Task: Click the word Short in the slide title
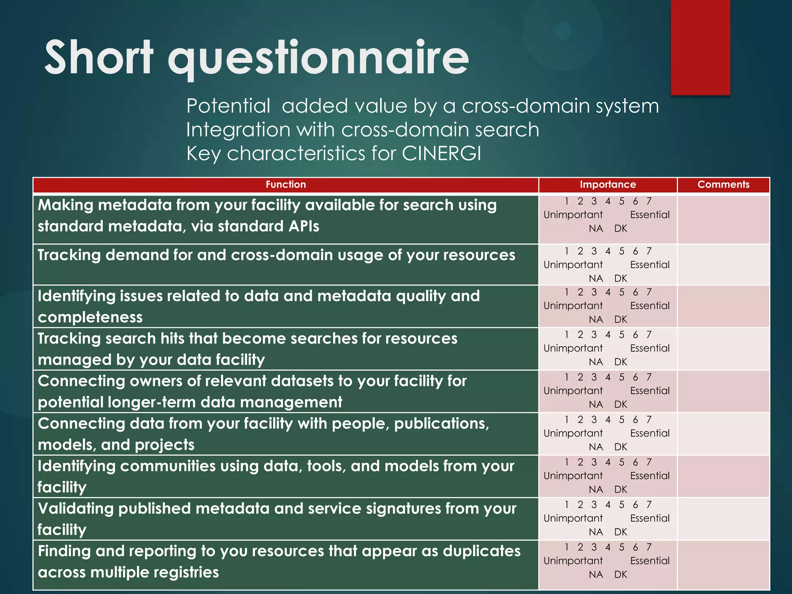(x=99, y=58)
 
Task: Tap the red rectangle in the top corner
(x=700, y=46)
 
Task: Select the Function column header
(x=285, y=184)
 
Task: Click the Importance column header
(x=608, y=184)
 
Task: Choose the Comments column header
(x=723, y=184)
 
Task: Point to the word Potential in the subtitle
(x=228, y=106)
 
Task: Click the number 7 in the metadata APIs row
(x=649, y=201)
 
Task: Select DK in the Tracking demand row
(x=620, y=278)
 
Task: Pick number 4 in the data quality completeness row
(x=608, y=292)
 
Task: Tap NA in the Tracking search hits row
(x=596, y=362)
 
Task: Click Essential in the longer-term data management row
(x=650, y=391)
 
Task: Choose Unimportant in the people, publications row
(x=573, y=433)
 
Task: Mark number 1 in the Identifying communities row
(x=567, y=462)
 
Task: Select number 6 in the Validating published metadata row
(x=635, y=505)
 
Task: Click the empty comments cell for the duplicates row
(x=723, y=565)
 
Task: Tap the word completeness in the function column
(x=90, y=317)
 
